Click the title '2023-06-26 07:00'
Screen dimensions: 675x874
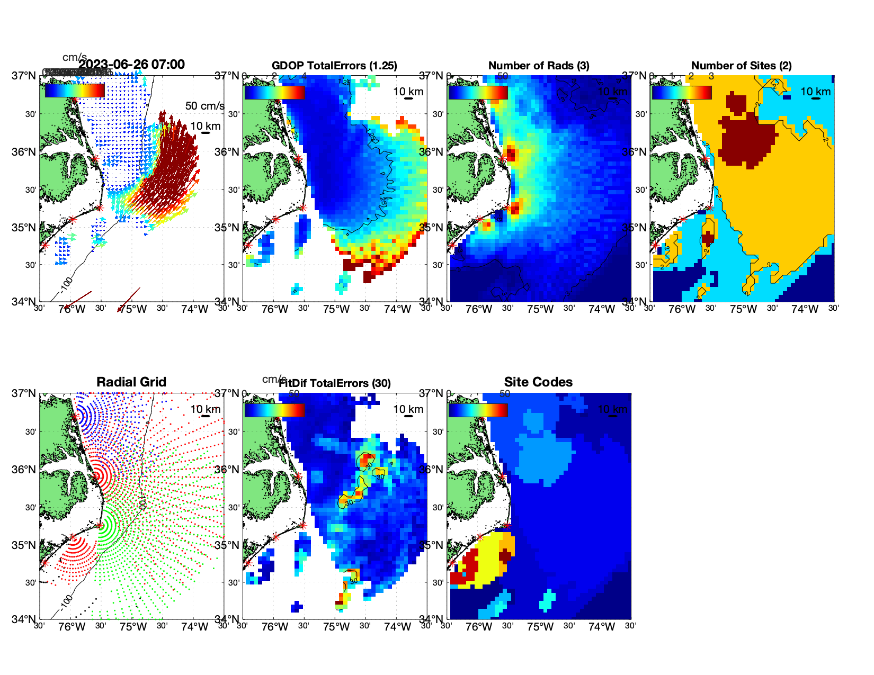(x=131, y=65)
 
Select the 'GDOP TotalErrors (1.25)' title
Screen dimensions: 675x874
(x=334, y=66)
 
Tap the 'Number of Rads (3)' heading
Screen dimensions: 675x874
(x=538, y=66)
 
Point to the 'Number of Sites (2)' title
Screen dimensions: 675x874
(x=741, y=66)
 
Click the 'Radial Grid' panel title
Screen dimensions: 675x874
(x=131, y=382)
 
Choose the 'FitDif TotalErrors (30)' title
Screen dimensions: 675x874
(x=334, y=383)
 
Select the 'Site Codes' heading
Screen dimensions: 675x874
(x=538, y=382)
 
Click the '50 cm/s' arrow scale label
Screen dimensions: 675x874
(x=204, y=106)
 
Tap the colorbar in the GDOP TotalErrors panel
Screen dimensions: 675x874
(x=274, y=92)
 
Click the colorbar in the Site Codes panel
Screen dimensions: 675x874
(x=478, y=410)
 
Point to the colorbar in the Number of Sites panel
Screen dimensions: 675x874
(x=681, y=92)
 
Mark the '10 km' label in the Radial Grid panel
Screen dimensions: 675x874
(x=205, y=409)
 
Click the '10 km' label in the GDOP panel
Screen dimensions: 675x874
(x=408, y=92)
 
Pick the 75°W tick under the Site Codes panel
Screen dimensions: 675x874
(x=540, y=627)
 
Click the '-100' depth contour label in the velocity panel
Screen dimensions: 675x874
(x=66, y=283)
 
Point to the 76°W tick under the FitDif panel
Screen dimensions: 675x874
(x=274, y=627)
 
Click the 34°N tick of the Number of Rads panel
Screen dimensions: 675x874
(x=434, y=302)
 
